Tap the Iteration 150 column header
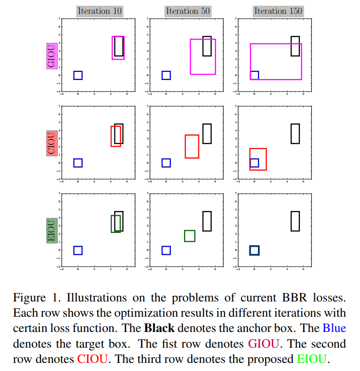(x=278, y=10)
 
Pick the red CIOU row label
(x=50, y=143)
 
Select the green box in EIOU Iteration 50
(x=189, y=236)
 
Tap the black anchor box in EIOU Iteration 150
(x=295, y=221)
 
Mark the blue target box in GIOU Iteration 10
(x=78, y=75)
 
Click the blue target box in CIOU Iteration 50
(x=166, y=163)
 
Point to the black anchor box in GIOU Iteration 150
(x=295, y=46)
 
